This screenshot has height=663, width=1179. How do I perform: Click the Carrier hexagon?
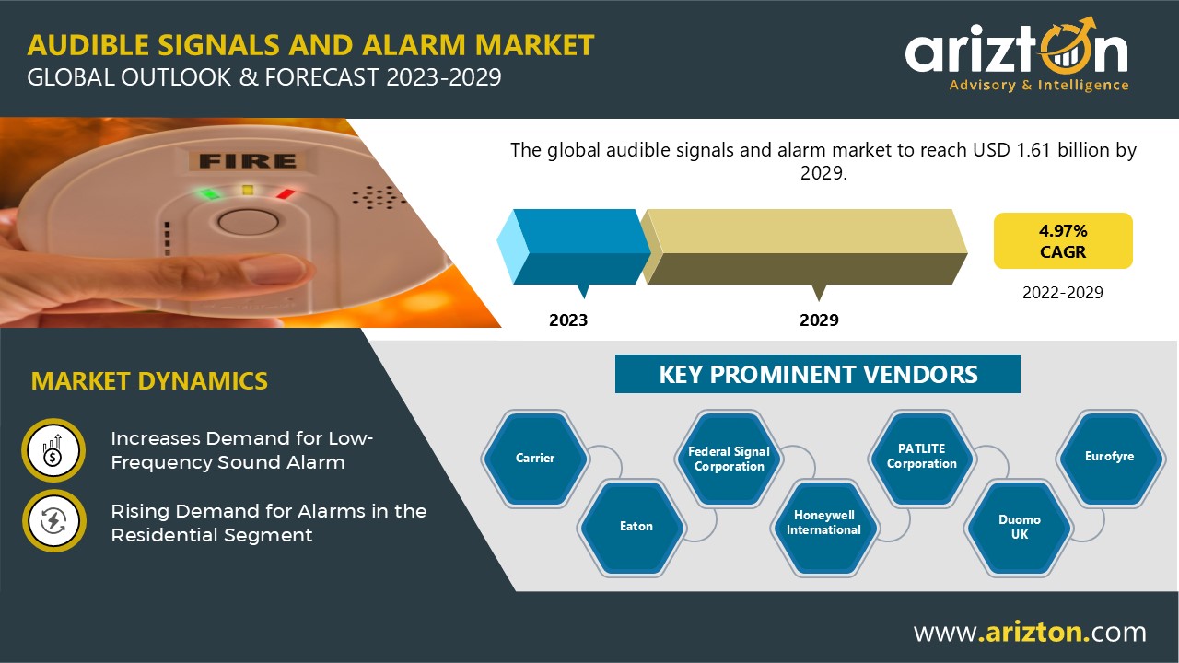(x=535, y=459)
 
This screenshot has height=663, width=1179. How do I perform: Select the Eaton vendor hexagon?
(x=631, y=527)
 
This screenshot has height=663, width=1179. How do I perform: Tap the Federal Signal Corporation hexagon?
(x=729, y=459)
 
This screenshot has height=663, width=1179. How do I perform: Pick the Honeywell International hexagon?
(x=824, y=527)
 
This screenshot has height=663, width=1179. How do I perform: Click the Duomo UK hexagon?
(x=1018, y=527)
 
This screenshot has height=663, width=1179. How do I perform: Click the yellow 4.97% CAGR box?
(x=1063, y=240)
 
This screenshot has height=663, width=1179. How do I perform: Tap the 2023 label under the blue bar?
(x=568, y=320)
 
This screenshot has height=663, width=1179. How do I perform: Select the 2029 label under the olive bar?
(x=819, y=320)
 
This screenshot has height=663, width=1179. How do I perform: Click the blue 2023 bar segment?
(x=574, y=247)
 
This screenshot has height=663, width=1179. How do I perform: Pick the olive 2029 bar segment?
(x=804, y=247)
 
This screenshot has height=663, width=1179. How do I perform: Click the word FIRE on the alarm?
(x=248, y=161)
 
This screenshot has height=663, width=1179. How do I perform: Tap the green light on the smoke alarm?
(x=209, y=193)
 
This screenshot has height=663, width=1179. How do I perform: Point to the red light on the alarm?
(x=286, y=194)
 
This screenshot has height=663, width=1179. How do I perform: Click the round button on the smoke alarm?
(x=248, y=222)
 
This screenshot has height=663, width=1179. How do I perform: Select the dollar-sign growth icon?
(x=53, y=450)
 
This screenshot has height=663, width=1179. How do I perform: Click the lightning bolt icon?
(x=53, y=521)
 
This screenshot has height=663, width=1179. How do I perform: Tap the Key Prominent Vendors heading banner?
(x=817, y=374)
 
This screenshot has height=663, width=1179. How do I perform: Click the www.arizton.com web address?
(x=1030, y=632)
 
